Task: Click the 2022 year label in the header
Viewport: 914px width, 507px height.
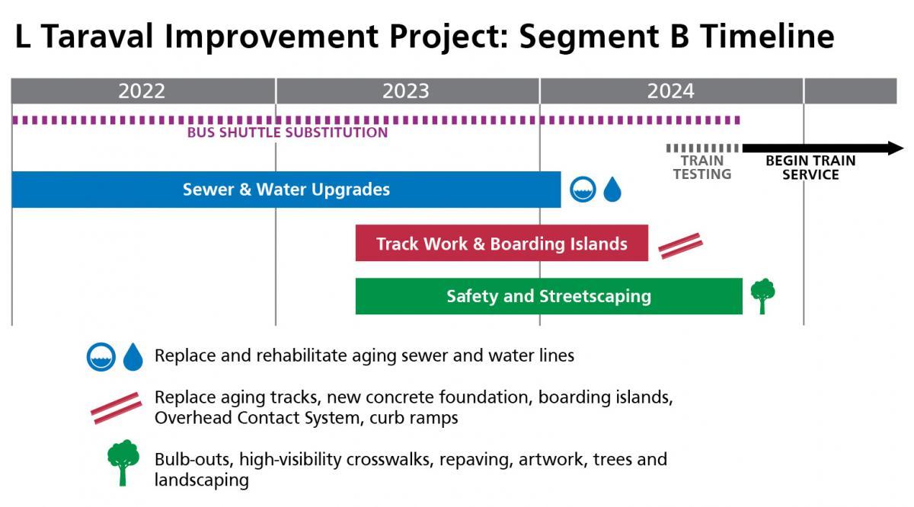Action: click(142, 91)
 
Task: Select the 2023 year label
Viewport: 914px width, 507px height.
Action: click(406, 91)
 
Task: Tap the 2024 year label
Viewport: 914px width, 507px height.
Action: click(671, 91)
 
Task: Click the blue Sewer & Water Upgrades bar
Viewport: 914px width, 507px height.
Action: click(286, 190)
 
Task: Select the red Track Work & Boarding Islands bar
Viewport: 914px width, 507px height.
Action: click(501, 244)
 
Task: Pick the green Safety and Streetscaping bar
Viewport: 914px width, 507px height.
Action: click(548, 296)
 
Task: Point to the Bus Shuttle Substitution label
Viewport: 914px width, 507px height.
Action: click(287, 132)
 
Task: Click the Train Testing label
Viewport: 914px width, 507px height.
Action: click(701, 167)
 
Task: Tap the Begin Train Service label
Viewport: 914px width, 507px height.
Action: click(810, 167)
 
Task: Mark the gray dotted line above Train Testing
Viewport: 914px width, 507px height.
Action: click(701, 148)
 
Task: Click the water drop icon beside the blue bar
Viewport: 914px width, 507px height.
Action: click(612, 190)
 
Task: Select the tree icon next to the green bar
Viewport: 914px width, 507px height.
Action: click(762, 295)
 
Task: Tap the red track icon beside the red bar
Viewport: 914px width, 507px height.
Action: click(680, 245)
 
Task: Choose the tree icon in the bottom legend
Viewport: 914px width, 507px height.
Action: click(123, 462)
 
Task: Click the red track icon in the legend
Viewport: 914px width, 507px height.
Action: click(116, 407)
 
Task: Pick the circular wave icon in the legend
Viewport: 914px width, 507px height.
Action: click(101, 356)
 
